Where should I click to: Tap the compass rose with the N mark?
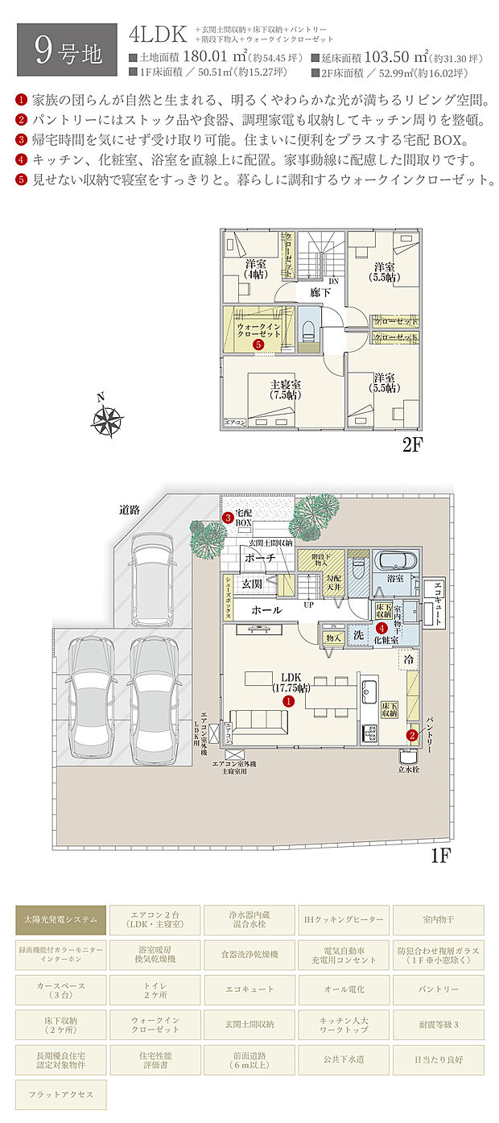coord(107,419)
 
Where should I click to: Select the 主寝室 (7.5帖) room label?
coord(285,390)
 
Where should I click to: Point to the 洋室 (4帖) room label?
coord(256,269)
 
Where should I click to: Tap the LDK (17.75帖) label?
coord(291,682)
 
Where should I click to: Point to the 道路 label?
coord(130,509)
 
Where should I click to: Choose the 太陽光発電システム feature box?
coord(60,919)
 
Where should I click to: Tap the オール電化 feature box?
coord(344,989)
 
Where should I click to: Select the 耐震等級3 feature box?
coord(438,1024)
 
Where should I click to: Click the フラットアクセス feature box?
coord(60,1095)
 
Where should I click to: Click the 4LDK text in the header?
coord(158,34)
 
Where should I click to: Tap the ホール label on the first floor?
coord(266,610)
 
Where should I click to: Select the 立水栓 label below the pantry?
coord(410,770)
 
